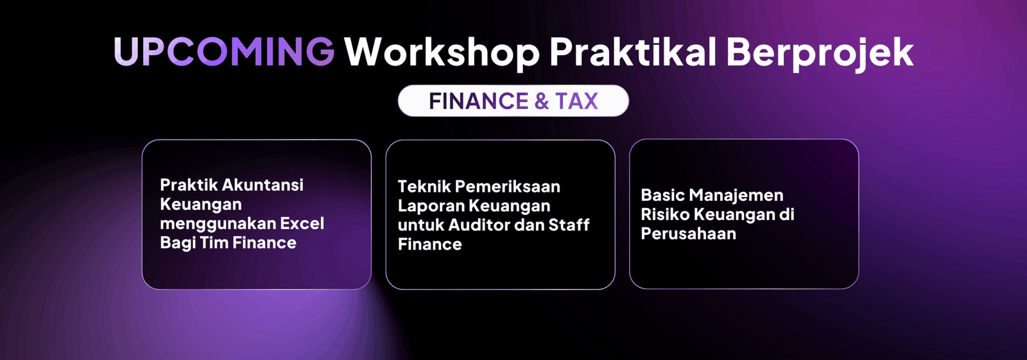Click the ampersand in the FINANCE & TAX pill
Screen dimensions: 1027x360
click(542, 101)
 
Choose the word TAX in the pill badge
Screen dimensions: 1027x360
click(577, 101)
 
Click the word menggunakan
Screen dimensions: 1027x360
click(218, 225)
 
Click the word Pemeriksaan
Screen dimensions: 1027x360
click(507, 187)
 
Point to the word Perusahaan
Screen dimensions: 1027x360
click(689, 234)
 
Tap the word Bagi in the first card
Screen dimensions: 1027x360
click(177, 243)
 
